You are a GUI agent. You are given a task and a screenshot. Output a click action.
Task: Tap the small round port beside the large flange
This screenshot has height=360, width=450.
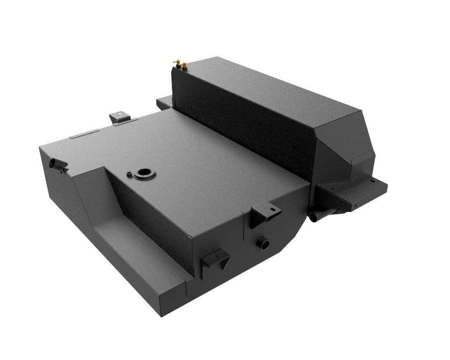(130, 173)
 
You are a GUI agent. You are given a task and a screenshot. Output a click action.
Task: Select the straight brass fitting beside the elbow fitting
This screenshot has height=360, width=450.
(184, 66)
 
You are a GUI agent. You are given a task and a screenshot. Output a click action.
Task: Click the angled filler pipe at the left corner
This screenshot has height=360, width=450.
(57, 165)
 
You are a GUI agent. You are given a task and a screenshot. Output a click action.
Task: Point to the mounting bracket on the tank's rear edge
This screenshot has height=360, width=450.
(119, 118)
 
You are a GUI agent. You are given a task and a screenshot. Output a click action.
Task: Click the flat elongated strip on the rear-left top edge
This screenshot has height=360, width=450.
(85, 134)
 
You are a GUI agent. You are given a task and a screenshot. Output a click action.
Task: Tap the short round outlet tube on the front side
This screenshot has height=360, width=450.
(263, 243)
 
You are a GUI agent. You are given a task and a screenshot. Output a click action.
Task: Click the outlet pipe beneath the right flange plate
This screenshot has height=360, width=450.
(320, 215)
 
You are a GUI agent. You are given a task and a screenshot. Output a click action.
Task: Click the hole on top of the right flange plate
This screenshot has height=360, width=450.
(372, 181)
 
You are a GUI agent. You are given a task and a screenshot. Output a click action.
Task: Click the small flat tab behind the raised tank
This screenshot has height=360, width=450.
(164, 103)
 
